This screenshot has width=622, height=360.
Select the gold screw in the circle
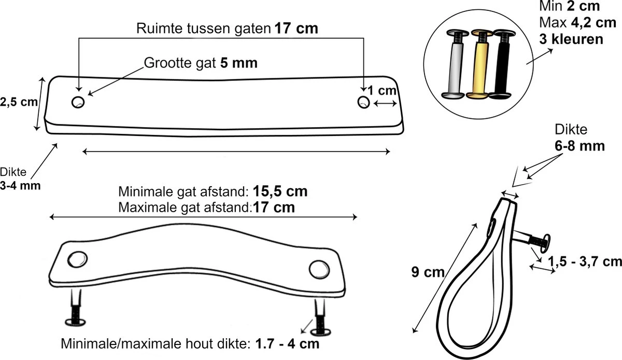(x=478, y=65)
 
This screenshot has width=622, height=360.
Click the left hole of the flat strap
(x=78, y=102)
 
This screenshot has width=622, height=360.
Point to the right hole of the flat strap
(x=364, y=102)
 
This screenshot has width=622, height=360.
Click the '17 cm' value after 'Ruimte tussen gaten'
(x=296, y=29)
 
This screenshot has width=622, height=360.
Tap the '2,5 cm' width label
(x=19, y=102)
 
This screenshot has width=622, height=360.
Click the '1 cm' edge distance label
(x=383, y=90)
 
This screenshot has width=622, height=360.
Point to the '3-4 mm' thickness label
(x=20, y=185)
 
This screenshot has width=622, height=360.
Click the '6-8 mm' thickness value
(x=579, y=146)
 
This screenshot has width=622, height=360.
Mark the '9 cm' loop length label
(x=425, y=271)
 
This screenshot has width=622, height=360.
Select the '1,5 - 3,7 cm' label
(x=584, y=261)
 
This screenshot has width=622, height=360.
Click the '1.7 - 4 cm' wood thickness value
(x=286, y=344)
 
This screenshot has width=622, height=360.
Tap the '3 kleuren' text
(x=571, y=39)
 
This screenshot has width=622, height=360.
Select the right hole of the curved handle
(x=318, y=268)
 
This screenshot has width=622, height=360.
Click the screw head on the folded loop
(x=545, y=241)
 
